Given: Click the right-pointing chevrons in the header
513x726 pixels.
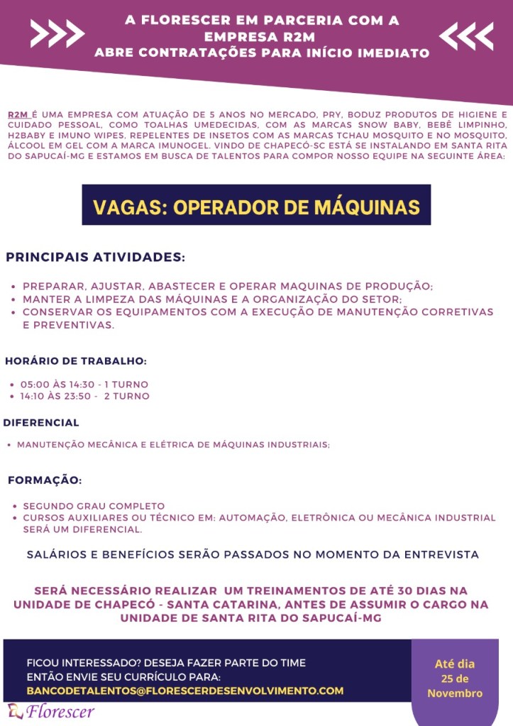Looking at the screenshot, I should point(57,33).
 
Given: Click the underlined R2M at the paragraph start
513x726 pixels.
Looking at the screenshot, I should point(18,114).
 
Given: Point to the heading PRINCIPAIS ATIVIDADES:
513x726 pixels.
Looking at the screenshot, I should point(95,256).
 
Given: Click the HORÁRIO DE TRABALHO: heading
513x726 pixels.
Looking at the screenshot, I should point(76,361).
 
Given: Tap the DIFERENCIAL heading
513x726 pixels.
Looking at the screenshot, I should point(42,423).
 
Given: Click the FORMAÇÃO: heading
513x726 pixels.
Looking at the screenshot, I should point(45,480).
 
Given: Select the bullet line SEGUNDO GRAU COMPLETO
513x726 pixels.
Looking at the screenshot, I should point(94,506).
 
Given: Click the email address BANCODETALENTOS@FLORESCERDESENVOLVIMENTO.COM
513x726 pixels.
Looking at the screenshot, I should point(184,691).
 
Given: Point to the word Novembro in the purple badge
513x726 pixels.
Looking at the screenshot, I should point(454,693).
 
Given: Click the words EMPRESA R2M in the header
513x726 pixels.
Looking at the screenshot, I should point(262,36).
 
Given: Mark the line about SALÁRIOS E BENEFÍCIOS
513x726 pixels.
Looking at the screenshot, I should point(253,554).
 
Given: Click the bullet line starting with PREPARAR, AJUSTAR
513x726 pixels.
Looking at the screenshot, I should point(227,287).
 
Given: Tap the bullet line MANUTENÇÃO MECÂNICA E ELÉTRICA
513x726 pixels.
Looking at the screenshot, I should point(173,445).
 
